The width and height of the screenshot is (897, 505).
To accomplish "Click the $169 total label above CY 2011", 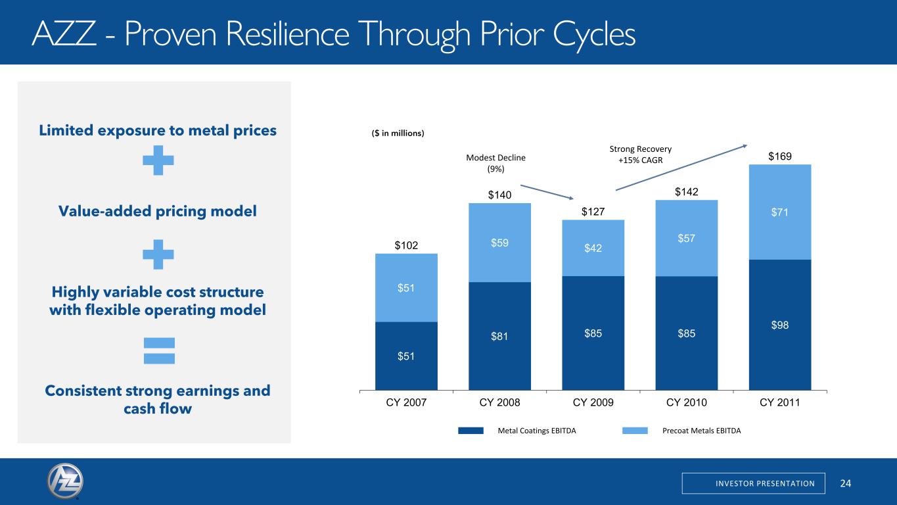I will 780,157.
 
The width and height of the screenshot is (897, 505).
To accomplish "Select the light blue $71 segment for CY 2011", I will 780,212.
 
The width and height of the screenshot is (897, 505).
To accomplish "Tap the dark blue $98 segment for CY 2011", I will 780,325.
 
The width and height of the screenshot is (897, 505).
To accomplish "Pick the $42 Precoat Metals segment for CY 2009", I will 593,248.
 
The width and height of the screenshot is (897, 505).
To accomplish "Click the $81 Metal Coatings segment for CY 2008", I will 499,336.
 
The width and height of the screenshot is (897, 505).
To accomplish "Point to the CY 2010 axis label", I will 687,402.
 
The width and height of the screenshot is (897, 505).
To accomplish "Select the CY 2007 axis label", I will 406,402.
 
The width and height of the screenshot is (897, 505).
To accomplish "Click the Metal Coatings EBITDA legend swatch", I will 471,431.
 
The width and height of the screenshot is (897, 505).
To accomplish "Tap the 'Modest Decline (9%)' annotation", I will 496,163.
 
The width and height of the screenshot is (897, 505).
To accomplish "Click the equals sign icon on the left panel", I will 159,350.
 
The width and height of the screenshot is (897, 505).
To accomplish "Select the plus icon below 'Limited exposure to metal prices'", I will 158,160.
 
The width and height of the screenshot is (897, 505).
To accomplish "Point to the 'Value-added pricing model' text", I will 158,212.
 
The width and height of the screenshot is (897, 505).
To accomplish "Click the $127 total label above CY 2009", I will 593,212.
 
